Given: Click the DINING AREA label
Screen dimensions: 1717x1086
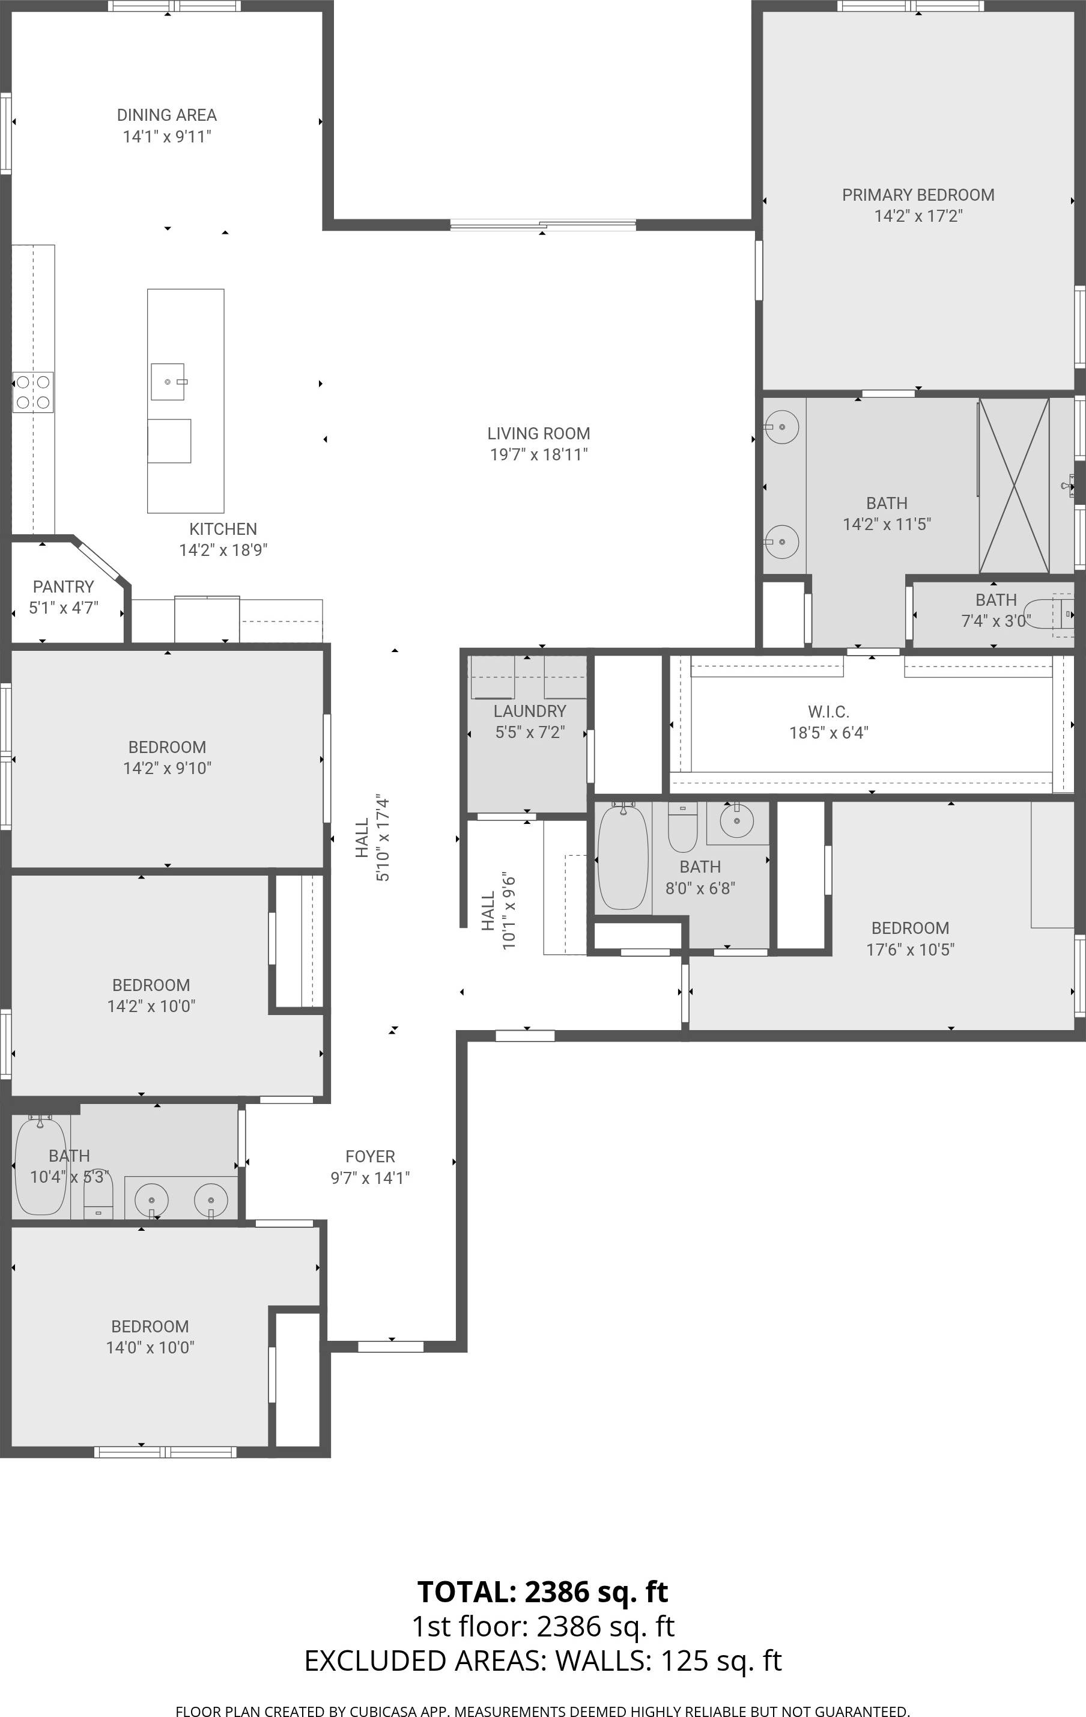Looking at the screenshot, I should [167, 115].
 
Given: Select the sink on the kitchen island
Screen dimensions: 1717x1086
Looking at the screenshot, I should [168, 382].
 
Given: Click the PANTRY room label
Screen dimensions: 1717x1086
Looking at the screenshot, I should [64, 587].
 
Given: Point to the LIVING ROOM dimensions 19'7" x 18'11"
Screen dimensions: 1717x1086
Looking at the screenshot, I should [539, 454].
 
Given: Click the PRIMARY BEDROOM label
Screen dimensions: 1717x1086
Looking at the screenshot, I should [918, 195].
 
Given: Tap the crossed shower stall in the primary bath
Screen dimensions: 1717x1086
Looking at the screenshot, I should [1013, 486].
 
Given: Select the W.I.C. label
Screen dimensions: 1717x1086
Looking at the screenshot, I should [828, 712].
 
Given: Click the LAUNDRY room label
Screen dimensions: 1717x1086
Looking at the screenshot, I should [529, 711].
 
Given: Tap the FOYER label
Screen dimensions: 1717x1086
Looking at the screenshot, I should [370, 1156].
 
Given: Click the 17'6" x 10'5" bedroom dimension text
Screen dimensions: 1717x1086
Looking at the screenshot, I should [910, 949].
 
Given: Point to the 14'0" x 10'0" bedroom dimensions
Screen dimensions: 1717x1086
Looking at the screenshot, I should [150, 1347].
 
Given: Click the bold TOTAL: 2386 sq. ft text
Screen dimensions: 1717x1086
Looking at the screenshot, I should [542, 1591].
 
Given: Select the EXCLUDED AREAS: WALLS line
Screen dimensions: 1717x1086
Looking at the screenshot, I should [542, 1661].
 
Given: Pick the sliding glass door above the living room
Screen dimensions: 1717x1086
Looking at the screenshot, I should [543, 225].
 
